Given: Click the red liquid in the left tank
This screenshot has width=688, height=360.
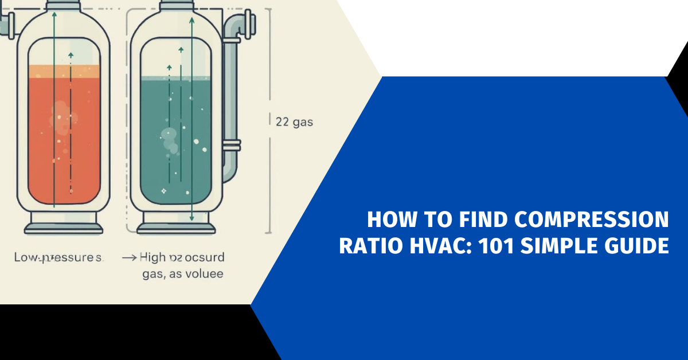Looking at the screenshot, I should [64, 143].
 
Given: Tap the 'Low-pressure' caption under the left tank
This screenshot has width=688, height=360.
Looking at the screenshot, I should [58, 257].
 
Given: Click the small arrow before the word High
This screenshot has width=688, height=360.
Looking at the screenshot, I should [129, 258].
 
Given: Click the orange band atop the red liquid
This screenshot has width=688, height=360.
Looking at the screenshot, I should [64, 71].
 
